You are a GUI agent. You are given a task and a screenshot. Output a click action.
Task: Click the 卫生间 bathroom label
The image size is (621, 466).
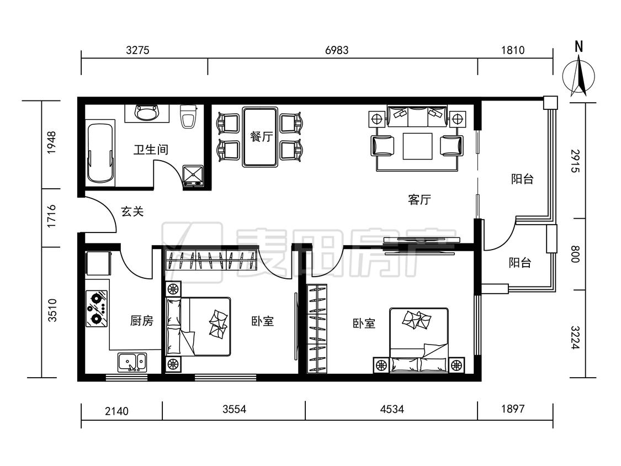tap(151, 150)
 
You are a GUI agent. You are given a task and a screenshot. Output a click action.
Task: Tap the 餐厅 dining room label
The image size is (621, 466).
tap(262, 137)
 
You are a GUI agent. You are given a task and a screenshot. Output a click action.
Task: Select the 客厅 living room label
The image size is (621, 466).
tap(419, 199)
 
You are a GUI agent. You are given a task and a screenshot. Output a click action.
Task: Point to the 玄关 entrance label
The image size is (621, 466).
tap(132, 211)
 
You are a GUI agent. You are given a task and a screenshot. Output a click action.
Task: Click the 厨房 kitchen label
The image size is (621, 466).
tap(142, 321)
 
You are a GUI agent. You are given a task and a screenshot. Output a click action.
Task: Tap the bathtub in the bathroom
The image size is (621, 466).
tap(100, 153)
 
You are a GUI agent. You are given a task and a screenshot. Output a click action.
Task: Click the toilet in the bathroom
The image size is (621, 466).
tap(188, 116)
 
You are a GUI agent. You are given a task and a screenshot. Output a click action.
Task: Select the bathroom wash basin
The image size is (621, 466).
tap(146, 113)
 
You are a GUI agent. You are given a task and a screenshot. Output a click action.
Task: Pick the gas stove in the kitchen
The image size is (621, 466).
tap(97, 308)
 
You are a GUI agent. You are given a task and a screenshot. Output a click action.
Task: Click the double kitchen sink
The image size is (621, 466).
tap(132, 362)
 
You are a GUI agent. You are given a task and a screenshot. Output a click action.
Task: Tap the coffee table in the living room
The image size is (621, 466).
tap(417, 146)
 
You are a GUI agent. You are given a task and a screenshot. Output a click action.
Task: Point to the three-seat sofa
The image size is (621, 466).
tap(417, 116)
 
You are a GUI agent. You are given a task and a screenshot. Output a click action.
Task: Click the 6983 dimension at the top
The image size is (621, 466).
tap(337, 50)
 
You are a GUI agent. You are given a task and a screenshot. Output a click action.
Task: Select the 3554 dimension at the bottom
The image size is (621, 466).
tap(234, 409)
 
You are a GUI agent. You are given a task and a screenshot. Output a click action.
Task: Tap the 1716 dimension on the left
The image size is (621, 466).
tap(51, 216)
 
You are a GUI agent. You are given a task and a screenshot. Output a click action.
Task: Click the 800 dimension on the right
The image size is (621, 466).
tap(575, 254)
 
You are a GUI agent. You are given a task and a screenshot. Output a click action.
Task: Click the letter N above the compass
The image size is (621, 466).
tap(578, 47)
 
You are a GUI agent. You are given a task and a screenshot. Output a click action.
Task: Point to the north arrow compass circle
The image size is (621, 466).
tap(578, 76)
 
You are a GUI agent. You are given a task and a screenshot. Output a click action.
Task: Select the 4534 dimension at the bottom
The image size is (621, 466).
tap(392, 409)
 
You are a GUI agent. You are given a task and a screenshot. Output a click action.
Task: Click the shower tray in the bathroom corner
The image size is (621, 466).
tap(193, 176)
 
